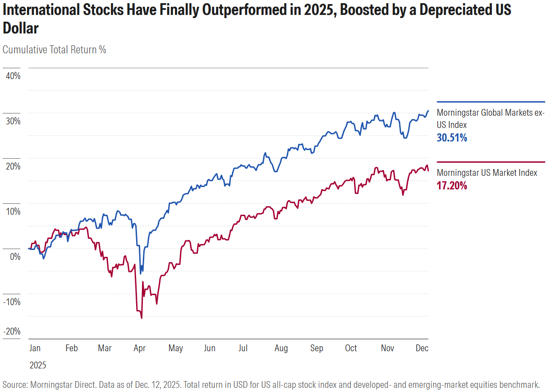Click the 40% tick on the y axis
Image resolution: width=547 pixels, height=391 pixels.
point(13,75)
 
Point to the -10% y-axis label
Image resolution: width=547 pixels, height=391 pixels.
point(12,301)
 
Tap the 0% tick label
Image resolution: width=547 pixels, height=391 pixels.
point(15,256)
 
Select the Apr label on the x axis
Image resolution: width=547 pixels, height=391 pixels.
point(140,348)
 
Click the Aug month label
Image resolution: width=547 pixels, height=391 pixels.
point(281,348)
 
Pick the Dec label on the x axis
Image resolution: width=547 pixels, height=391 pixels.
point(422,348)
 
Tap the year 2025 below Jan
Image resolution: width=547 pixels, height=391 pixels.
point(38,365)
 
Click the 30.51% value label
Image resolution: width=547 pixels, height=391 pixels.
point(452,138)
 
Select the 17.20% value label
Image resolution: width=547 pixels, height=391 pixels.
point(452,185)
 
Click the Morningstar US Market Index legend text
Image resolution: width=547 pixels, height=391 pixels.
point(487,173)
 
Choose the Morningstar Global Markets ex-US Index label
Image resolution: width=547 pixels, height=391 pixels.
point(490,118)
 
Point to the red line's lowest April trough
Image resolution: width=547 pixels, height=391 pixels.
point(142,318)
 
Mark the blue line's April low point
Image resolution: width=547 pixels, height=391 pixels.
point(141,273)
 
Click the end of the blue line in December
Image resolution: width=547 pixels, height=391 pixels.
point(428,111)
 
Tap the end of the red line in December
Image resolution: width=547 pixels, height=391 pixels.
point(428,170)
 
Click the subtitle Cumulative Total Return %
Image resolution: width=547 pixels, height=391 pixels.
point(54,50)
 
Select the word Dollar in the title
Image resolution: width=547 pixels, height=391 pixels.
point(21,28)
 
